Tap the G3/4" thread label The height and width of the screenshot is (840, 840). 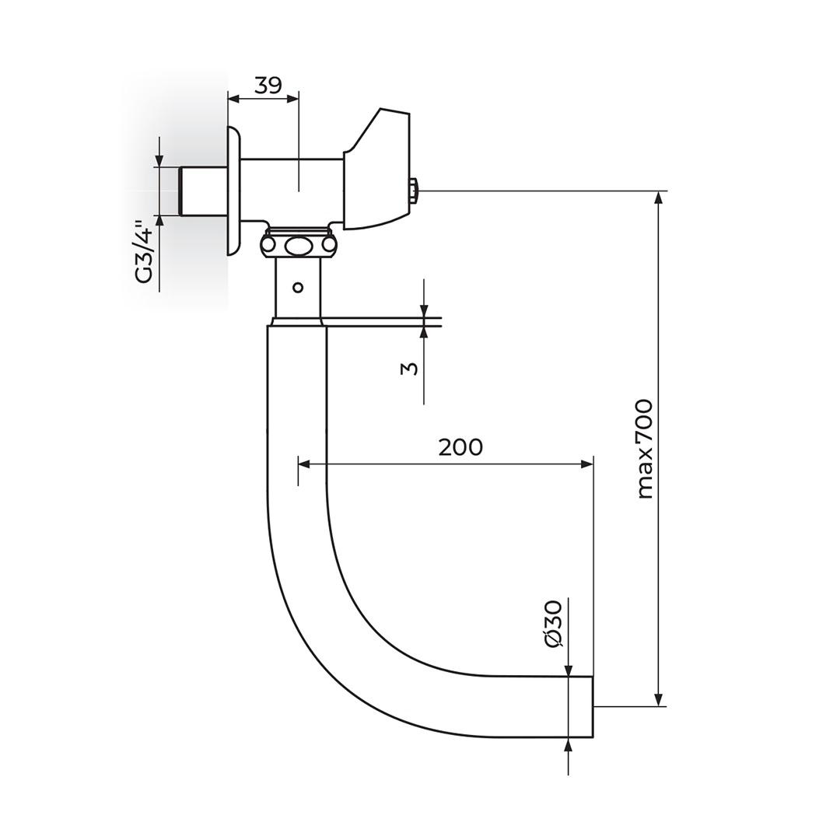145,254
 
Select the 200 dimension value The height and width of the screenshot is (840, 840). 460,446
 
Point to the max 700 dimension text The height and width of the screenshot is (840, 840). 645,449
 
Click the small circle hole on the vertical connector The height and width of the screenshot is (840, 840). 298,287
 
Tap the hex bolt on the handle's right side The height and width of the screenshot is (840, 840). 414,191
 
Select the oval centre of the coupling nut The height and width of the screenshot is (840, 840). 297,247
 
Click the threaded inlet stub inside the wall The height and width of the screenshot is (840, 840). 203,191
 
